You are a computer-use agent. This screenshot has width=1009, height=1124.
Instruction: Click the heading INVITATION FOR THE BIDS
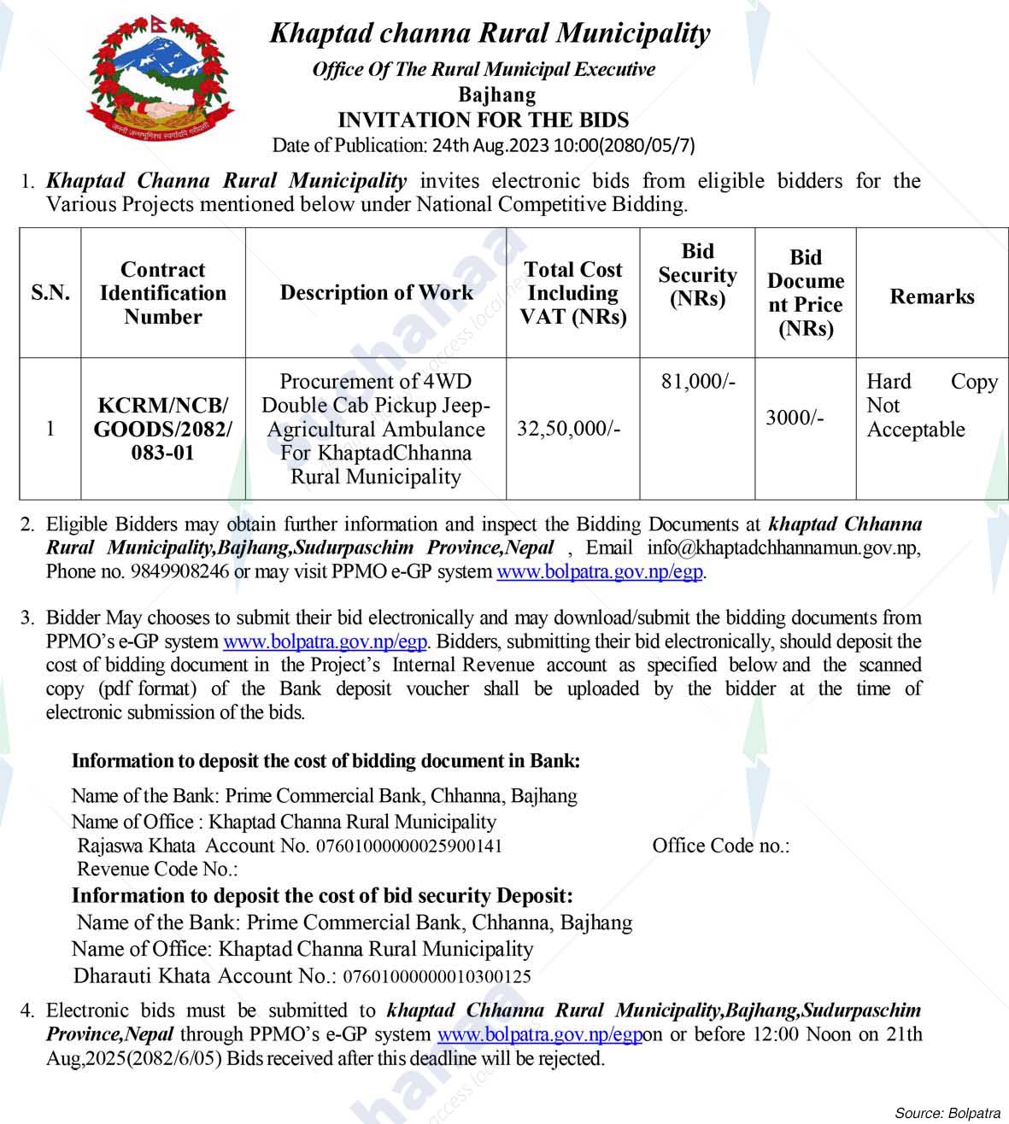(484, 120)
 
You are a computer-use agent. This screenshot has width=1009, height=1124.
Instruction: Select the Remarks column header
(931, 296)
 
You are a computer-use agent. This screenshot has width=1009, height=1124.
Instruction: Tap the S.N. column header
(50, 293)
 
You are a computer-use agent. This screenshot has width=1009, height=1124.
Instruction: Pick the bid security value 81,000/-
(697, 381)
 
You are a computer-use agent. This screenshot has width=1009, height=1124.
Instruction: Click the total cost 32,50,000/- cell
(569, 428)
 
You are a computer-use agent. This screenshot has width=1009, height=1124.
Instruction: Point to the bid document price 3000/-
(795, 418)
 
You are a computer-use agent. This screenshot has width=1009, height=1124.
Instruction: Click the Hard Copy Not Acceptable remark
(931, 406)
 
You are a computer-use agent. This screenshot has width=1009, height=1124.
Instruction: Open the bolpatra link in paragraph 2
(600, 571)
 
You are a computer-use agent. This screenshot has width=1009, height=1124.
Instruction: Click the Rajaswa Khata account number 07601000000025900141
(408, 846)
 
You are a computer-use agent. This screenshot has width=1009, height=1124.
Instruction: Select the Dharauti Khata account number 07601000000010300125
(437, 976)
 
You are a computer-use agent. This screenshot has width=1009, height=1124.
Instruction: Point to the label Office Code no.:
(720, 846)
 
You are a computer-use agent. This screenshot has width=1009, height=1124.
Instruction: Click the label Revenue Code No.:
(157, 869)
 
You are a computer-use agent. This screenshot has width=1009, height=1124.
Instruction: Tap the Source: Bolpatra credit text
(947, 1113)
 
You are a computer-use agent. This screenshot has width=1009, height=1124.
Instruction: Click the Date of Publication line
(484, 144)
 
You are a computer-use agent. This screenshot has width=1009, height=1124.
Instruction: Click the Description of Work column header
(376, 293)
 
